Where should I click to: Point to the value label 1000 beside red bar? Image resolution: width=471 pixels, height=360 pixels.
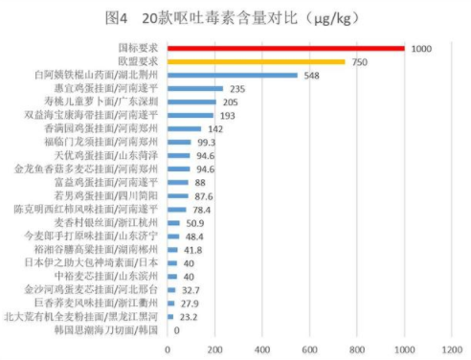422,47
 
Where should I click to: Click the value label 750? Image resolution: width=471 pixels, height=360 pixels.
360,60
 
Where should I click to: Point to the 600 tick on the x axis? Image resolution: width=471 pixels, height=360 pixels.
309,349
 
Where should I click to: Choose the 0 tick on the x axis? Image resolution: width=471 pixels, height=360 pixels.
168,349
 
